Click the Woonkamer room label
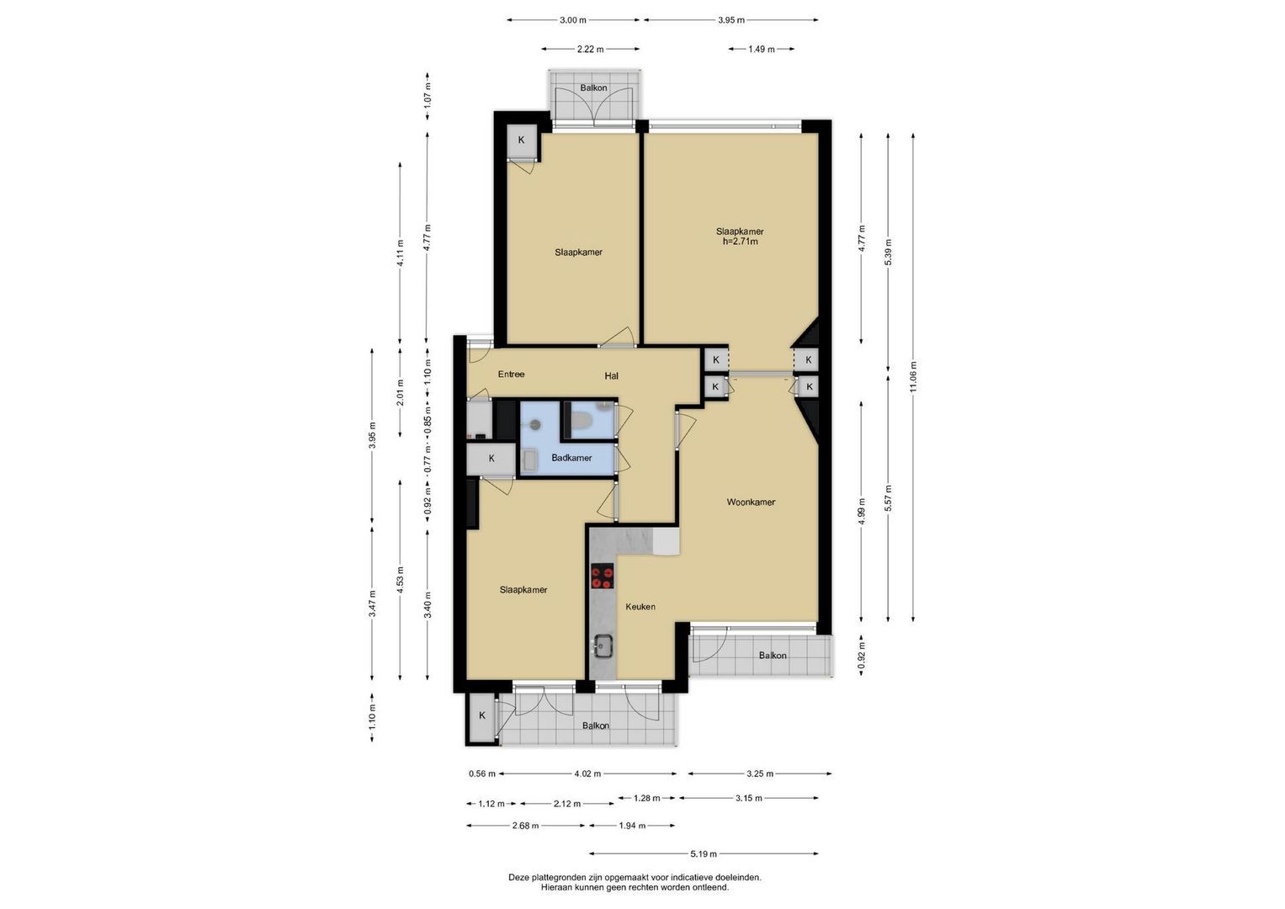[751, 502]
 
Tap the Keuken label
[640, 607]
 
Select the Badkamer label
[571, 458]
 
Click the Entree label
[511, 375]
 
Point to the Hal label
[612, 376]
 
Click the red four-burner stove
[603, 577]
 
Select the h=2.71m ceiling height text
[740, 242]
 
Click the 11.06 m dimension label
[913, 376]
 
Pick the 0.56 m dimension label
[482, 773]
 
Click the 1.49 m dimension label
[762, 50]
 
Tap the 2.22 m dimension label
[590, 50]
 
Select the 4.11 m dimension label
[401, 252]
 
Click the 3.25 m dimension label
[760, 773]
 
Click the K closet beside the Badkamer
[491, 459]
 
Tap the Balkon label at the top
[594, 88]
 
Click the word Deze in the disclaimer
[518, 877]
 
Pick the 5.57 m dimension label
[889, 498]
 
